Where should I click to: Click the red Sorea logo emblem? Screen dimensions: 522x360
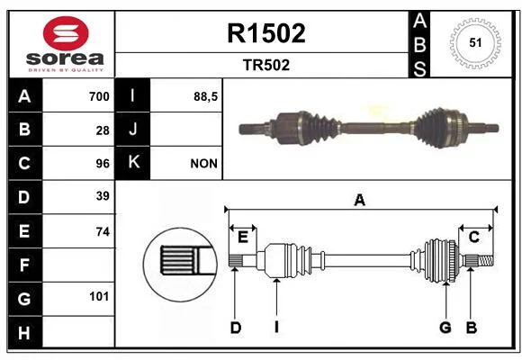point(66,33)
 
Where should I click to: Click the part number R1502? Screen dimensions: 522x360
point(266,33)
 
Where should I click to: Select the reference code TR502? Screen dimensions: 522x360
point(266,65)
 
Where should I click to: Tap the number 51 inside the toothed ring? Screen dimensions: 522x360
point(475,42)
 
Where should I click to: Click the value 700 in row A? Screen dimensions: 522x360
point(99,96)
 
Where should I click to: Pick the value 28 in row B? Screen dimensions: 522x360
point(103,130)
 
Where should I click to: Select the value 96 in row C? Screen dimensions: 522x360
point(103,164)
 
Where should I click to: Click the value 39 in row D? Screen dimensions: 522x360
point(103,196)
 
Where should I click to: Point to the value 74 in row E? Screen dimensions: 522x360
point(103,231)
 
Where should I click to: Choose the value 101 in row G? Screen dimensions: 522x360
point(99,296)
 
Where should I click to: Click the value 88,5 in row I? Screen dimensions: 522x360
point(205,97)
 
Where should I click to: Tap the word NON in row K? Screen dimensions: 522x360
point(203,164)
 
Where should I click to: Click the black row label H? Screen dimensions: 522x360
point(25,332)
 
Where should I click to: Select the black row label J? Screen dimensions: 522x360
point(132,129)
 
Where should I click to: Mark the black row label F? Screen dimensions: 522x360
point(25,265)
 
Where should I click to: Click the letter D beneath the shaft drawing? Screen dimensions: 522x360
point(236,328)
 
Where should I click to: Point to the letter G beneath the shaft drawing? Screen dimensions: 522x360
point(445,328)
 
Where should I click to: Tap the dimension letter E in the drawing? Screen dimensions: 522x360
point(243,238)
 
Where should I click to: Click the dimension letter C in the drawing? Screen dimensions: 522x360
point(473,237)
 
